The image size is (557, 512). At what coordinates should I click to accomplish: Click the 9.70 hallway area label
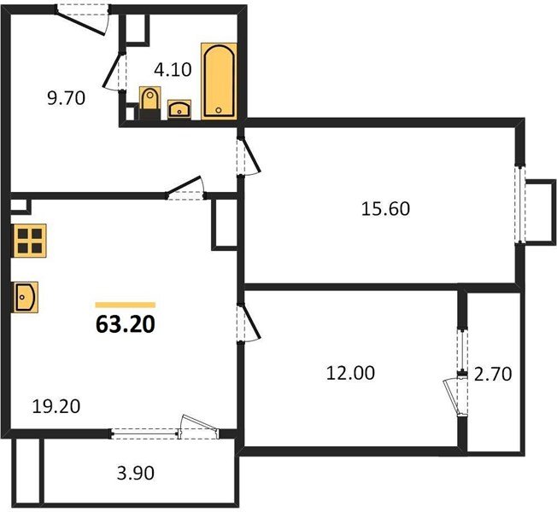[x=66, y=98]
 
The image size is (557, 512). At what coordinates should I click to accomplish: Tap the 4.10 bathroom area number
[x=173, y=69]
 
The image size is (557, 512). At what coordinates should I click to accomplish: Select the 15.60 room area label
[x=385, y=208]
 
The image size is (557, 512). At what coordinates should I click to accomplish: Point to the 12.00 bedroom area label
[x=350, y=373]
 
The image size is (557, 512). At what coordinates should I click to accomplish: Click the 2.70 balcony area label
[x=493, y=374]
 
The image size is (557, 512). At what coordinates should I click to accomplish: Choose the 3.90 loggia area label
[x=136, y=473]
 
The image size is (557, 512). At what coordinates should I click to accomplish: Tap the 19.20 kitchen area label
[x=56, y=406]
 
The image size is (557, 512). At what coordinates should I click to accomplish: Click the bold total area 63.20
[x=126, y=324]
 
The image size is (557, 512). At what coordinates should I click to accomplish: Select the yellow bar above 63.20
[x=126, y=305]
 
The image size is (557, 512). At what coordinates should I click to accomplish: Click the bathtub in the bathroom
[x=219, y=81]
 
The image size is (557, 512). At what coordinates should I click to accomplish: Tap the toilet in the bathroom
[x=150, y=102]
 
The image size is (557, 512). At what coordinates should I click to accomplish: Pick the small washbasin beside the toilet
[x=179, y=109]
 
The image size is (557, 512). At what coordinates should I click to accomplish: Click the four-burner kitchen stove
[x=30, y=241]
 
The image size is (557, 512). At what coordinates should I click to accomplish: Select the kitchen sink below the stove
[x=26, y=297]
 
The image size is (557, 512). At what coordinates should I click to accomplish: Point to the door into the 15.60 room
[x=249, y=156]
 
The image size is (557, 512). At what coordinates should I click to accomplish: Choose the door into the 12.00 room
[x=249, y=323]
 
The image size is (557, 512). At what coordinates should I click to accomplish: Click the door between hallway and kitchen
[x=185, y=188]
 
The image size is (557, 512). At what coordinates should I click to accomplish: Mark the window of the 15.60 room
[x=521, y=205]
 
